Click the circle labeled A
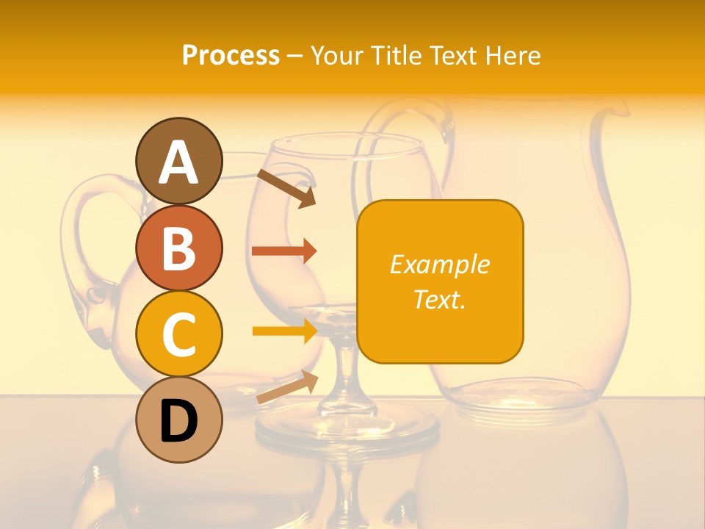point(178,161)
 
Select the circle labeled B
point(178,247)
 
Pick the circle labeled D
point(178,420)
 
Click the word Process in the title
point(231,55)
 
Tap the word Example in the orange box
point(439,264)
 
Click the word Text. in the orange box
point(439,299)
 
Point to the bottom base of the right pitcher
point(514,400)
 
